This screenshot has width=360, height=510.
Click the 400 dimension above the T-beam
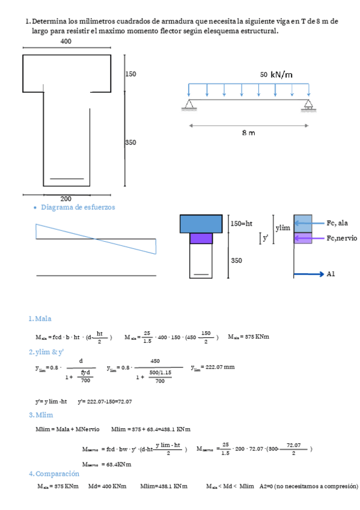click(x=66, y=41)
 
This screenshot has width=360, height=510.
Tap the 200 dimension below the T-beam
click(x=66, y=198)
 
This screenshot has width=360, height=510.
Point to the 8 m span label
click(x=248, y=132)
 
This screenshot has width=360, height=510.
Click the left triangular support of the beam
click(x=189, y=105)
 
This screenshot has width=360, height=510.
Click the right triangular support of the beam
click(x=308, y=105)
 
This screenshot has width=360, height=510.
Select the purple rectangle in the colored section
click(x=201, y=238)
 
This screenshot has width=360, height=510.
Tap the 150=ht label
click(x=242, y=223)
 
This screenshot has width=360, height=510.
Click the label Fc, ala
click(x=338, y=223)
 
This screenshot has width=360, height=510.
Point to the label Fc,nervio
click(x=341, y=238)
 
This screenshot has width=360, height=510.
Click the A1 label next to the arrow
click(x=331, y=274)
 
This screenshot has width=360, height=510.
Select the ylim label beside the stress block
click(x=282, y=228)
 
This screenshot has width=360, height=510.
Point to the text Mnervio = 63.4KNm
click(x=106, y=464)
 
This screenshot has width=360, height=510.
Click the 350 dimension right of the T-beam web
click(x=130, y=143)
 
